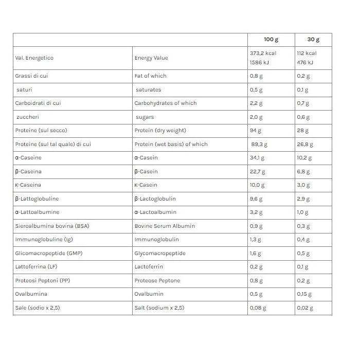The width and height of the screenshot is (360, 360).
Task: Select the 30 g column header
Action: (x=313, y=40)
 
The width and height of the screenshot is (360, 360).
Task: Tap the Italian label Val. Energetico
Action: (x=34, y=58)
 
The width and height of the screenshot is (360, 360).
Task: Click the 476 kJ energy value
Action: (x=305, y=63)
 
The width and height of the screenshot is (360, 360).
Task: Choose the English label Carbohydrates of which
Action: (x=166, y=103)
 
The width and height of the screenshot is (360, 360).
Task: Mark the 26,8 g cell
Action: (x=305, y=145)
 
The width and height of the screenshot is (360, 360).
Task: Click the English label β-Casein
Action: (x=146, y=172)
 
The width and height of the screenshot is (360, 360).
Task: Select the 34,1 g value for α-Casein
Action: (x=258, y=158)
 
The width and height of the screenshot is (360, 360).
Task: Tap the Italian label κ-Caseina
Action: (x=28, y=185)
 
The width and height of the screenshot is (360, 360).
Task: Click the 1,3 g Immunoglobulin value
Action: (x=256, y=240)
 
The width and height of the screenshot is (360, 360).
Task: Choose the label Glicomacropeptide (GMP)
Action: (x=49, y=254)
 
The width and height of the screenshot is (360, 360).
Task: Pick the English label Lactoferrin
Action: (x=148, y=267)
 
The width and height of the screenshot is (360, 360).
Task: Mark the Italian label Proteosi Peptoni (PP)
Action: (x=43, y=281)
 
